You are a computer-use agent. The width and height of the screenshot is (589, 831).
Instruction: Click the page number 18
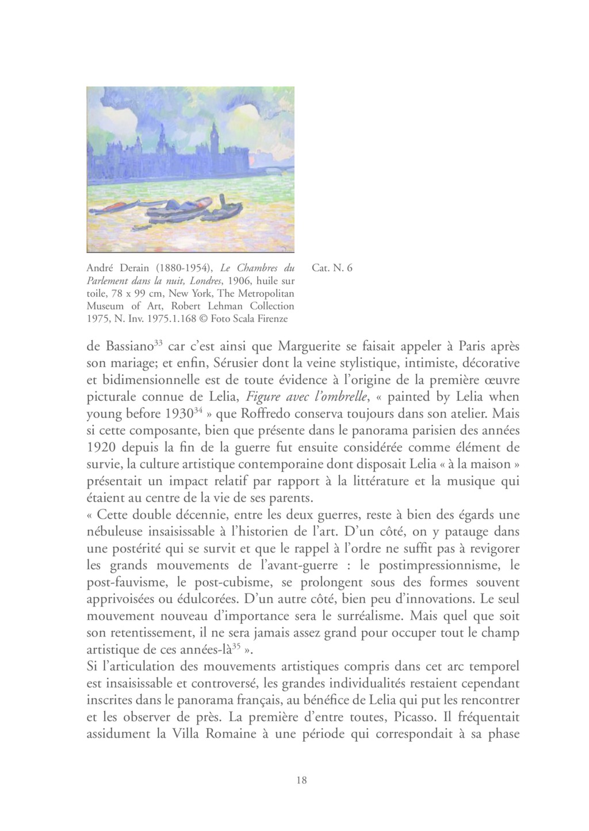pyautogui.click(x=301, y=780)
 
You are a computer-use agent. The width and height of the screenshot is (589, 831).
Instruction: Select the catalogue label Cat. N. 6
pyautogui.click(x=331, y=268)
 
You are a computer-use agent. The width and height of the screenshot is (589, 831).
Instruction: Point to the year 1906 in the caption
pyautogui.click(x=240, y=281)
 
